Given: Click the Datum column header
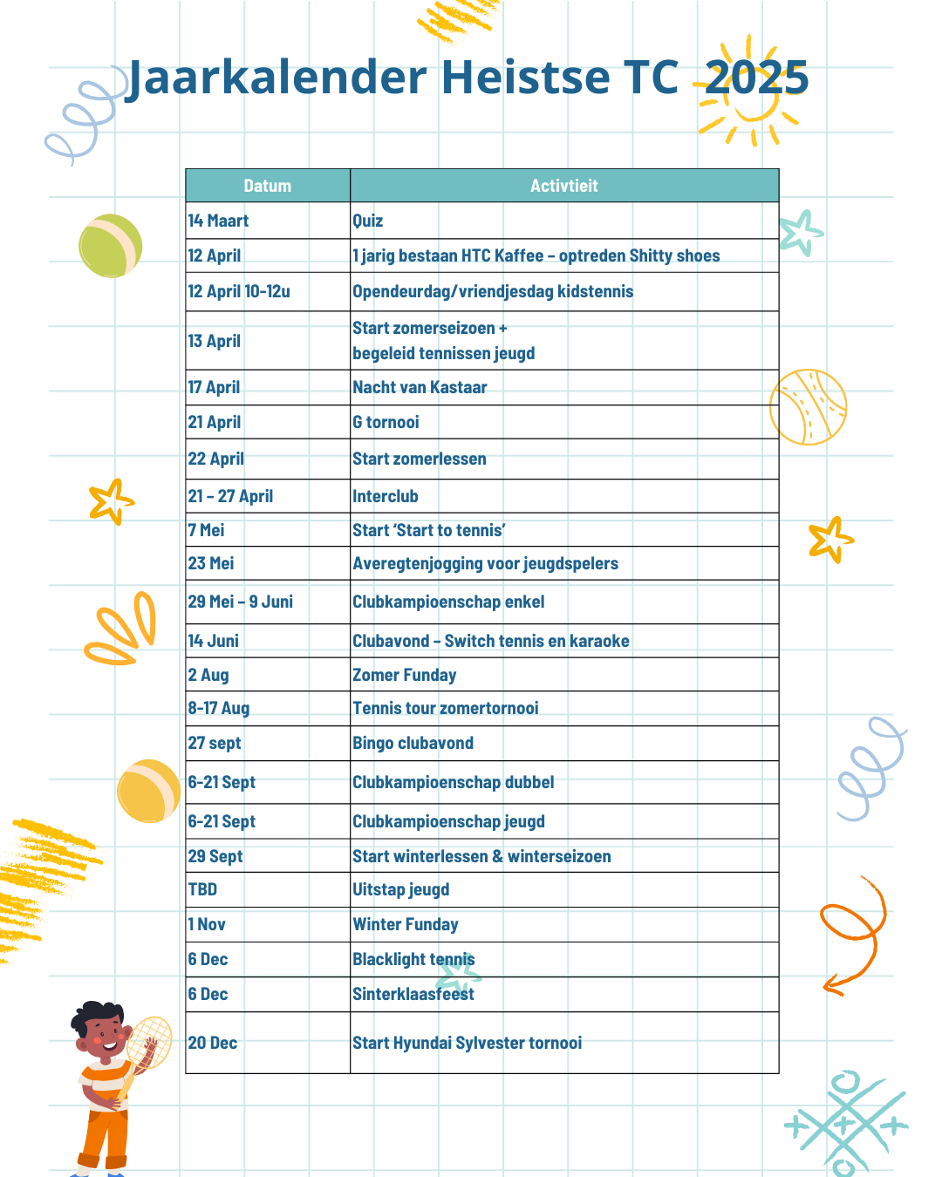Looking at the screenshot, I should click(267, 186).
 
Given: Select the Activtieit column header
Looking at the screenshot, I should click(563, 186).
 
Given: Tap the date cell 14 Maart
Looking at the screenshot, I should click(219, 221).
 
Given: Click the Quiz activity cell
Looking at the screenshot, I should click(368, 221).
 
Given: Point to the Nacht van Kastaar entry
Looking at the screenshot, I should click(420, 388).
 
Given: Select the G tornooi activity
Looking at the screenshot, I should click(386, 423).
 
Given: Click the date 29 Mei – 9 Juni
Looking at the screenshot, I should click(241, 602).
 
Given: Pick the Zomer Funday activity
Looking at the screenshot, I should click(404, 676).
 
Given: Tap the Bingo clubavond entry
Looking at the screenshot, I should click(413, 744).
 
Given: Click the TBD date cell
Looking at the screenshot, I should click(203, 890).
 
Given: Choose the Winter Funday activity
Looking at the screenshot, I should click(405, 925).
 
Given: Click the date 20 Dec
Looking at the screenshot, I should click(213, 1044).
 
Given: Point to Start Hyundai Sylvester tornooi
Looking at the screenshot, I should click(467, 1044).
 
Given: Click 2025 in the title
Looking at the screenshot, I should click(756, 78).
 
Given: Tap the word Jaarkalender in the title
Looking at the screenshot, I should click(277, 78).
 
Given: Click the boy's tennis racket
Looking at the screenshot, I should click(148, 1043).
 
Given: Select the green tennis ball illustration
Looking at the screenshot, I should click(111, 246).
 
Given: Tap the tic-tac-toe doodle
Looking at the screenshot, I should click(844, 1124).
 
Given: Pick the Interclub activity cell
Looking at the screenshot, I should click(386, 497).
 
